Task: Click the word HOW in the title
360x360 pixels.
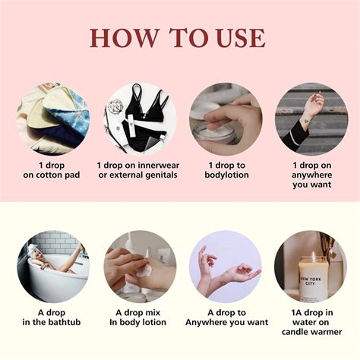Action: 125,38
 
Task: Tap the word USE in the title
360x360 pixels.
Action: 241,38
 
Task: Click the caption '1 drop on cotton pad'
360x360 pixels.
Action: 52,170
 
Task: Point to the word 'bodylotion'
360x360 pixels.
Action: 227,175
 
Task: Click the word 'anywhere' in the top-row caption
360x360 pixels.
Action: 311,175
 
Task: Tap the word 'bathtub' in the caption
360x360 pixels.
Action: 65,322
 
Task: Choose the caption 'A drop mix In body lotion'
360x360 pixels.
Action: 138,317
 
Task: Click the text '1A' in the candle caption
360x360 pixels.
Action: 296,313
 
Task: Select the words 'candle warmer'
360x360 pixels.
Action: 311,332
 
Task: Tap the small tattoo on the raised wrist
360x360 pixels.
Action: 306,121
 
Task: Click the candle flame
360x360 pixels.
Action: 313,255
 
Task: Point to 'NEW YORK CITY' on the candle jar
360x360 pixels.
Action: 311,281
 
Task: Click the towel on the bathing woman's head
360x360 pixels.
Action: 33,250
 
